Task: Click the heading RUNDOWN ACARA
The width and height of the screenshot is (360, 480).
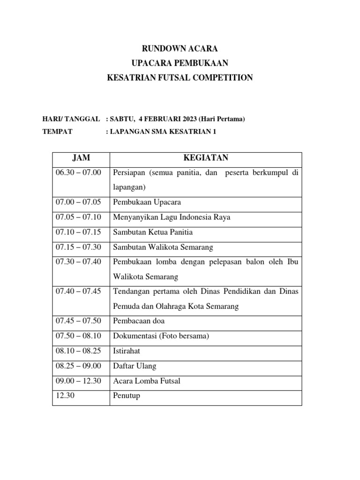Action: click(x=180, y=48)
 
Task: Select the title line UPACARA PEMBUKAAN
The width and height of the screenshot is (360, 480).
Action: click(x=180, y=63)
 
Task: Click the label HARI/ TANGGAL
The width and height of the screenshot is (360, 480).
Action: click(x=71, y=119)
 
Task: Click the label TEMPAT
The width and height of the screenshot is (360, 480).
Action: click(x=57, y=132)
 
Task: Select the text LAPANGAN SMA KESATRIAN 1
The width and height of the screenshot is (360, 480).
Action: click(x=163, y=132)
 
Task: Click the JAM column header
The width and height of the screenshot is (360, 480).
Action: click(x=81, y=158)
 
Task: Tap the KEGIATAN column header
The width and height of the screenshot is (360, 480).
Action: click(x=206, y=158)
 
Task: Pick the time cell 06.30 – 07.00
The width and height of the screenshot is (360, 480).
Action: click(x=78, y=172)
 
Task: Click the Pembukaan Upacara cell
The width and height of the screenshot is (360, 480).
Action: click(x=147, y=202)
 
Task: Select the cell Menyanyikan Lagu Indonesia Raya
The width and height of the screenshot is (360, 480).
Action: click(x=172, y=217)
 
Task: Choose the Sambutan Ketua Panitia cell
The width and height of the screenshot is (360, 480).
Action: click(x=153, y=232)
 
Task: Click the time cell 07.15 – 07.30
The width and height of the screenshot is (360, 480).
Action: click(x=78, y=247)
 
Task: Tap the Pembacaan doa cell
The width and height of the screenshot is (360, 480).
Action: click(x=139, y=322)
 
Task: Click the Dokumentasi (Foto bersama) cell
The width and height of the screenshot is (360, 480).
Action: click(x=161, y=336)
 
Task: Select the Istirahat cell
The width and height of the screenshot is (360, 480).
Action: click(x=127, y=351)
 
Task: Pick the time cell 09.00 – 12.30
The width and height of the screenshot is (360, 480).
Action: click(x=78, y=381)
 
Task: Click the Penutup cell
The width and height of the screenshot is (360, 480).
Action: click(x=127, y=396)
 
